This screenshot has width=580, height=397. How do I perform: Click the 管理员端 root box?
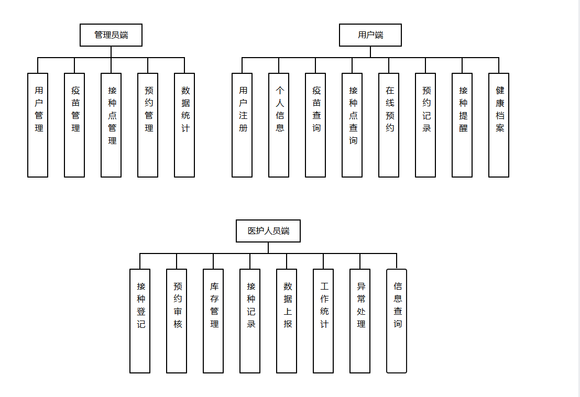111,35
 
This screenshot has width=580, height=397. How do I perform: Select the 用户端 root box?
370,35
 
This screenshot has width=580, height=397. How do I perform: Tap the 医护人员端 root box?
268,231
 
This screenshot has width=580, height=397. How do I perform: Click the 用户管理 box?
38,125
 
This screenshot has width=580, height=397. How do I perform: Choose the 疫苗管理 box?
74,125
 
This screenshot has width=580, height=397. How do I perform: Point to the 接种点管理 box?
111,125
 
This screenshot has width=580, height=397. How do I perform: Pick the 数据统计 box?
184,125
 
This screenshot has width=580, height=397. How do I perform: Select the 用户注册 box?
242,125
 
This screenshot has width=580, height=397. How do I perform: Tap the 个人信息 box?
279,125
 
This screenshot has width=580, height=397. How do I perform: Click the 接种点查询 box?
352,125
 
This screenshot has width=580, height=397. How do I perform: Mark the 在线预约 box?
389,125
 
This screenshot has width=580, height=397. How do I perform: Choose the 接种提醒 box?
462,125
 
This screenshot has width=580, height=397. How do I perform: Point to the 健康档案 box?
499,125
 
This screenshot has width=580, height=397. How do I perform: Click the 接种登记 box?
140,321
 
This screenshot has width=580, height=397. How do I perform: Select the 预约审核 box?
177,321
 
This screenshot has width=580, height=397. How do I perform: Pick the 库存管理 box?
213,321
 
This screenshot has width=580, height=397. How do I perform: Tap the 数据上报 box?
287,321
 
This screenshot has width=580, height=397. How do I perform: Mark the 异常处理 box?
360,321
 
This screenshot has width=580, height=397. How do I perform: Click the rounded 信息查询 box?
397,321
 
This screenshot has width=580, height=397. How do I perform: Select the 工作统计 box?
323,321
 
